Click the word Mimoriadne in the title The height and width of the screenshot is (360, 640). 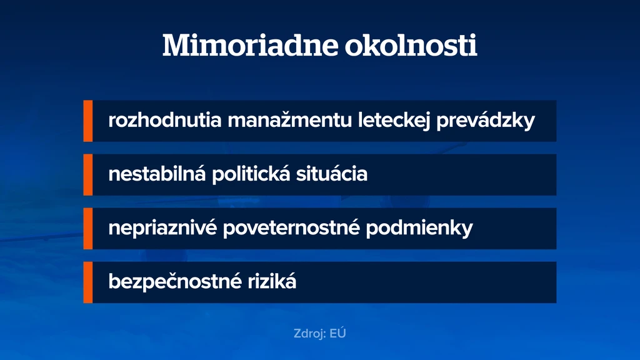tap(250, 45)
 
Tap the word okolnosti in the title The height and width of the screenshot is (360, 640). tap(411, 45)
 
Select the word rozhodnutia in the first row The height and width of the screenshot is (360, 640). tap(165, 120)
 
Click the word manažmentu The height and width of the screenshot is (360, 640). tap(290, 120)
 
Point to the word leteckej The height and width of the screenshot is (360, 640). tap(394, 121)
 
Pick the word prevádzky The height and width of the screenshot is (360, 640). tap(486, 121)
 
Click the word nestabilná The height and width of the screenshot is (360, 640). tap(157, 174)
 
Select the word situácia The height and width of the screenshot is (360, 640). tap(332, 174)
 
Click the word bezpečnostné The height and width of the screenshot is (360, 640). tap(175, 282)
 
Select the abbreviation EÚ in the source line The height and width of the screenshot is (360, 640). tap(338, 333)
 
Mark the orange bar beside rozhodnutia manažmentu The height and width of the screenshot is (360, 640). tap(88, 121)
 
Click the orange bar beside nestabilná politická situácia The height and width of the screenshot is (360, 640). tap(88, 175)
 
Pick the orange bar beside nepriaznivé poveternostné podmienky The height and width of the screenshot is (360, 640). tap(88, 229)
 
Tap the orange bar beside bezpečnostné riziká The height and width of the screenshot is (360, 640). tap(88, 282)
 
